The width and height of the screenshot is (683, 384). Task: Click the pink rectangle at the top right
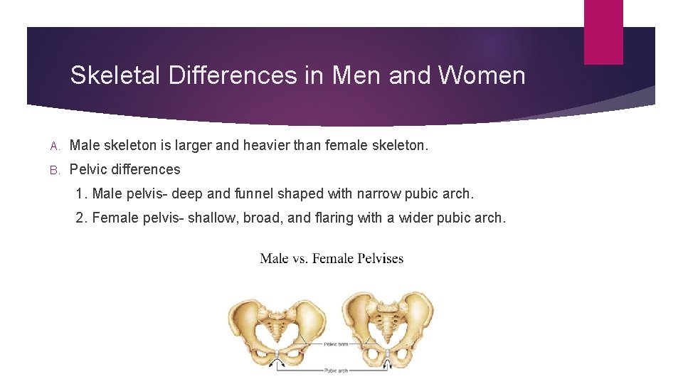(603, 32)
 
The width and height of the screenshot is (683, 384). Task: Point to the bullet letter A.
(54, 146)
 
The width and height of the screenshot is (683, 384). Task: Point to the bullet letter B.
(54, 170)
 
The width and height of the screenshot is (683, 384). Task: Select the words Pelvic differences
(125, 169)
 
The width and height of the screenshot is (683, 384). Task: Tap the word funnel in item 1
(234, 193)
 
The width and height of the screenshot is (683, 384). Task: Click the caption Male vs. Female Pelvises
(332, 258)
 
